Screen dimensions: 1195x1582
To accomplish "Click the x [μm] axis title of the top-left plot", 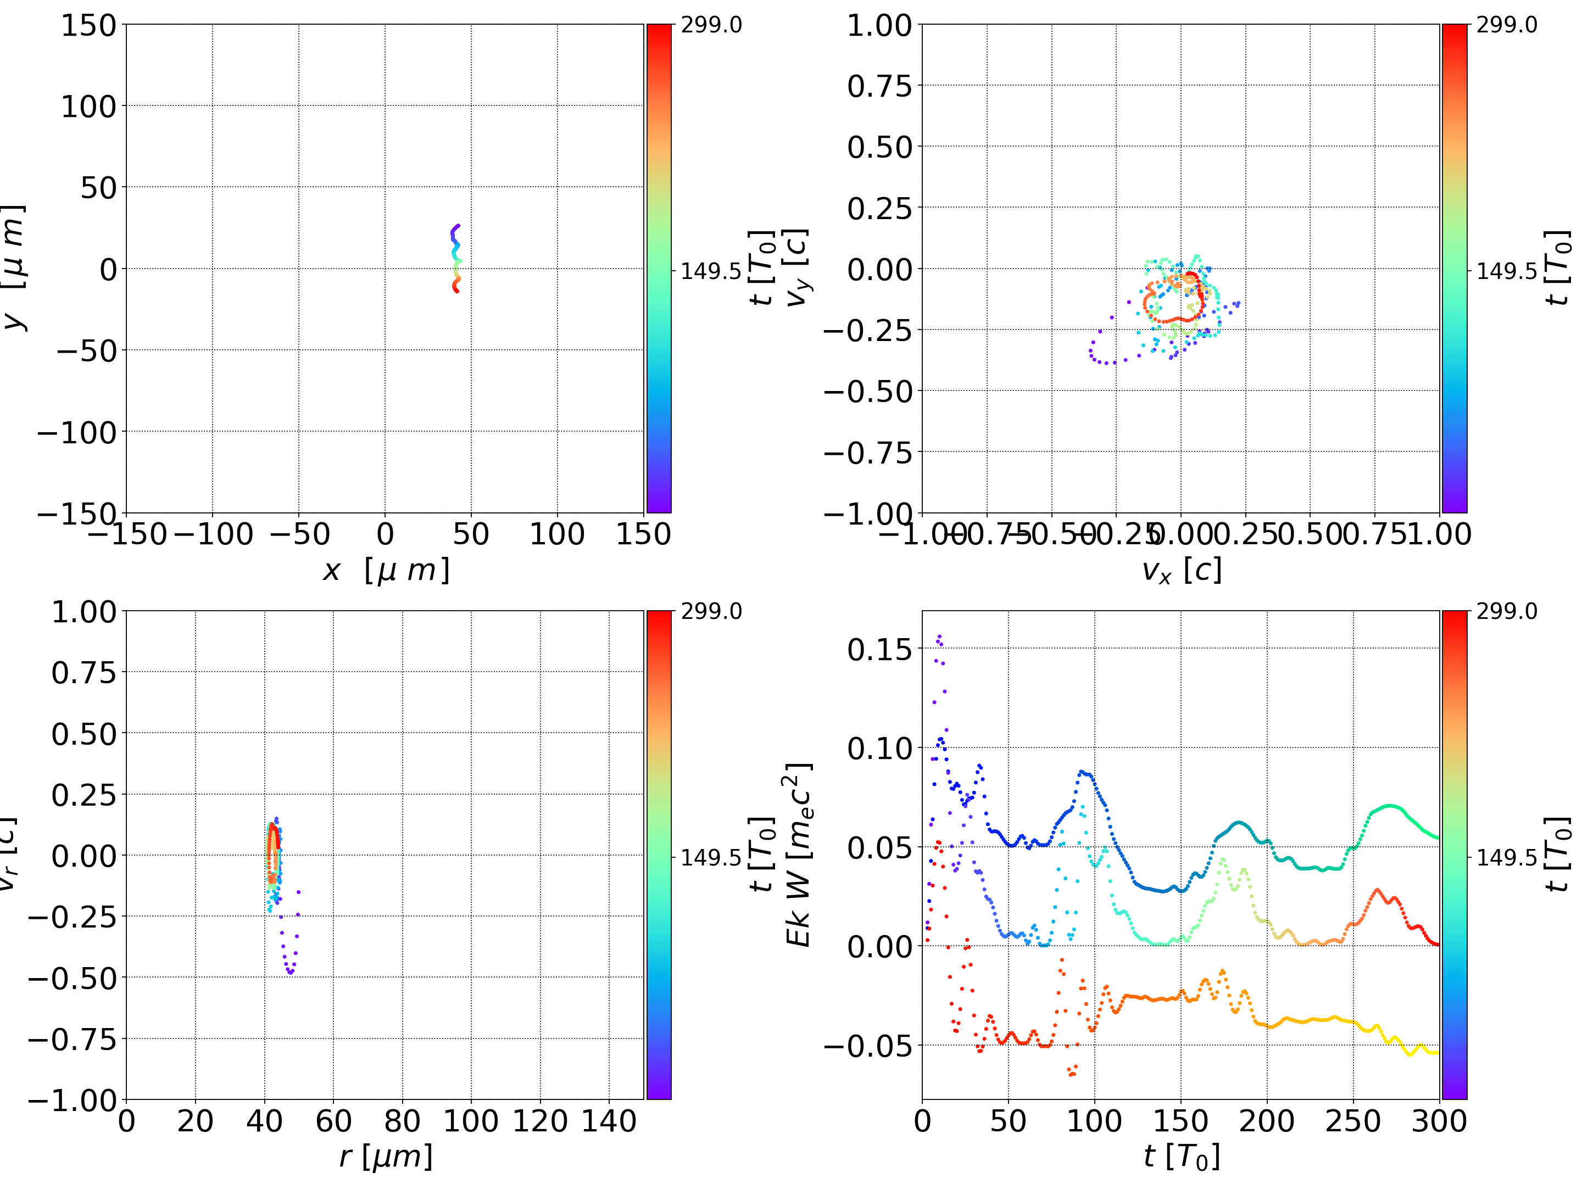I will click(x=386, y=571).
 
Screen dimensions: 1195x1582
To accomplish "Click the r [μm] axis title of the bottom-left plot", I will click(x=386, y=1157).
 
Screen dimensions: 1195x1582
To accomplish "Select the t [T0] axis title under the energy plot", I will click(x=1181, y=1157).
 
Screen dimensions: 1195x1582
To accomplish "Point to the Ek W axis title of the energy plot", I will click(x=799, y=855).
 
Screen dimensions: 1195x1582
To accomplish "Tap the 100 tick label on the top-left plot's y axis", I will click(x=88, y=107).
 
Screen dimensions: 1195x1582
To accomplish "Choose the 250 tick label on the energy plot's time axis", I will click(x=1352, y=1121).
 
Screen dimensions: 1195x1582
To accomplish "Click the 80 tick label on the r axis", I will click(x=402, y=1121).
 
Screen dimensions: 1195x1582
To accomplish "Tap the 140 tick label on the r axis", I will click(x=609, y=1121).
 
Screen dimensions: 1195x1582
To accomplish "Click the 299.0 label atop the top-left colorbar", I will click(x=711, y=25).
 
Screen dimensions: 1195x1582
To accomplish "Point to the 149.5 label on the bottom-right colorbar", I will click(x=1507, y=857).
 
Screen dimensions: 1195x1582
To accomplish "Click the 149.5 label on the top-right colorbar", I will click(x=1507, y=271).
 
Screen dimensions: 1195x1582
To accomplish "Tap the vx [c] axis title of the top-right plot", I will click(x=1181, y=571).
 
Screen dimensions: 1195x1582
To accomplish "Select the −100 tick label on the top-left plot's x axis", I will click(x=213, y=534).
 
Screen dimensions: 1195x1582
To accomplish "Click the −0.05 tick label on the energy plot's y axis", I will click(x=868, y=1046).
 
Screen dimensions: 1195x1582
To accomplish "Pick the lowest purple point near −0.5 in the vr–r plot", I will click(x=291, y=973).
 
